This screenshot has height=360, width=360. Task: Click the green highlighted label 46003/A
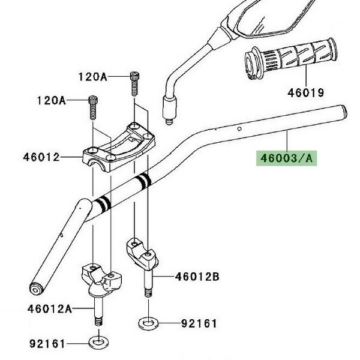[286, 158]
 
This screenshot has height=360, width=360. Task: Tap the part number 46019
[305, 93]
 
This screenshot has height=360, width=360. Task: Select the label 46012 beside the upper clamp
[41, 157]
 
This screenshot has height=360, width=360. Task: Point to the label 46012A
[50, 309]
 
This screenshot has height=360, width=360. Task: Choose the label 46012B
[197, 277]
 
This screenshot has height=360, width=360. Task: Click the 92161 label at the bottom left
[47, 344]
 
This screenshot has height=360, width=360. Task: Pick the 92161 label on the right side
[199, 323]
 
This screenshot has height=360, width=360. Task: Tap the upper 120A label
[93, 77]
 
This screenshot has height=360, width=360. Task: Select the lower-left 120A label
[52, 101]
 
